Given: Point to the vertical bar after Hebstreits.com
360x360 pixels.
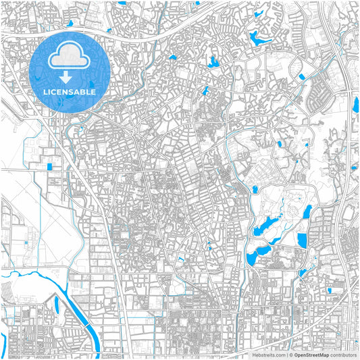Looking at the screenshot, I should [285, 354].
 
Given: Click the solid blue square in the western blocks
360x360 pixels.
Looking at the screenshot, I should [49, 166].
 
